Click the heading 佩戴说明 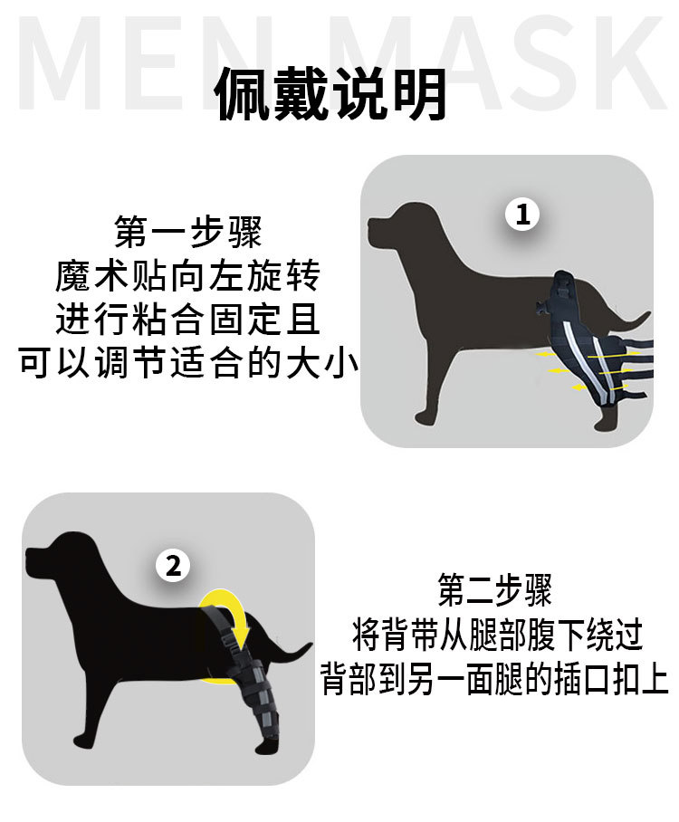pos(331,94)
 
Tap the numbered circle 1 pos(521,215)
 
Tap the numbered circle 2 pos(173,567)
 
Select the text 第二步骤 pos(495,591)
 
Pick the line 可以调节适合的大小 pos(188,364)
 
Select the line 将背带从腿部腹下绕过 pos(497,635)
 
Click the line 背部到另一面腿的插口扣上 pos(495,678)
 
